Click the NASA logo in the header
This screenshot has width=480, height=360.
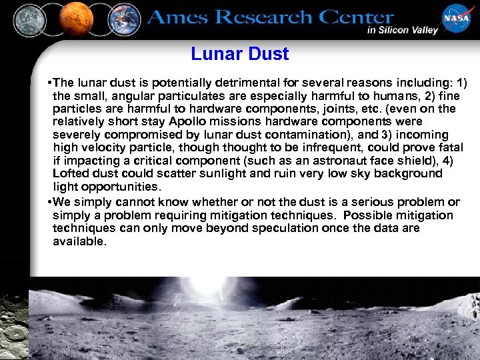pos(456,19)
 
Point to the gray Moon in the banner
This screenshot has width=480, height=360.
pos(30,19)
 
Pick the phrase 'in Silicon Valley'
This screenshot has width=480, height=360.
pos(402,30)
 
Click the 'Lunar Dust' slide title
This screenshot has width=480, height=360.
pos(239,54)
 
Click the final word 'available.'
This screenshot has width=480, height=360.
pos(79,241)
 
